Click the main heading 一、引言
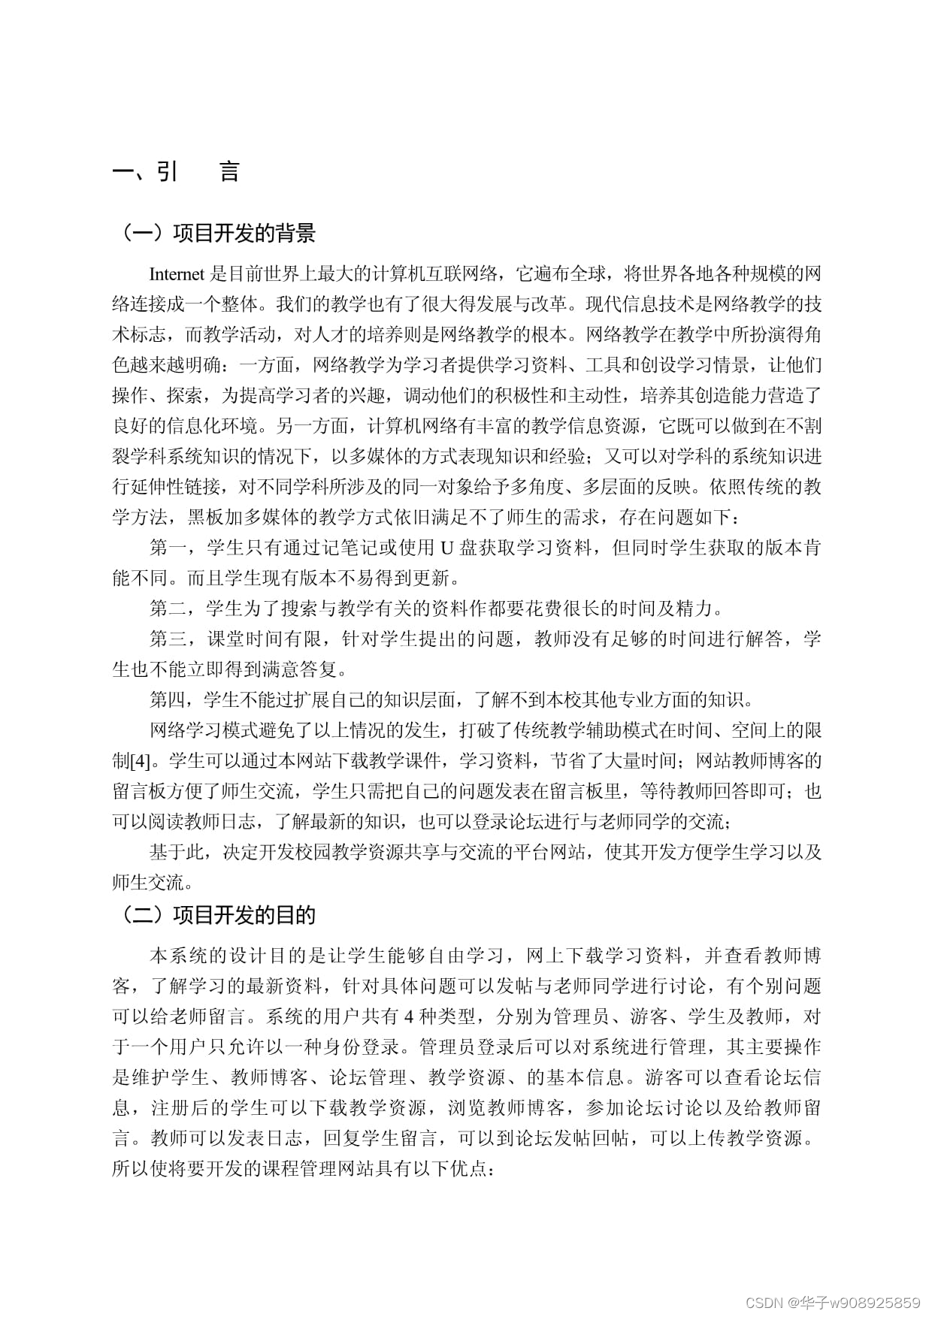[176, 172]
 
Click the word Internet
[177, 273]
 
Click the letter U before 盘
[446, 548]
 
